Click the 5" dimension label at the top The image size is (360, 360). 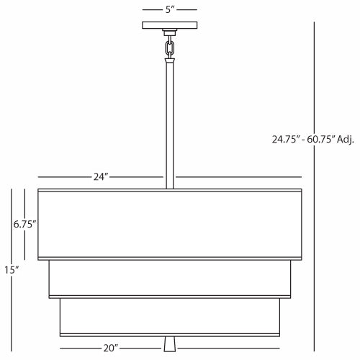[x=170, y=9]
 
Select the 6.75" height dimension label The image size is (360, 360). [x=25, y=224]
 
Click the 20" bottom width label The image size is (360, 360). [x=109, y=348]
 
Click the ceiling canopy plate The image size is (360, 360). [x=170, y=25]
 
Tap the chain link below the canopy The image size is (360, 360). [x=171, y=48]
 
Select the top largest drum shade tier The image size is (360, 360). [x=170, y=224]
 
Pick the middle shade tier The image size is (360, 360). [x=170, y=277]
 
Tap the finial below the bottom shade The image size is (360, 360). [x=171, y=344]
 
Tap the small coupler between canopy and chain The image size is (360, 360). [x=170, y=32]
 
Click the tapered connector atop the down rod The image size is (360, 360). [x=171, y=63]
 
